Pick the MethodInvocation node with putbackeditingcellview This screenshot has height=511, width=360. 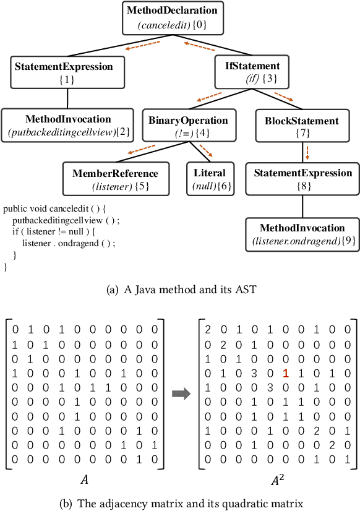click(x=67, y=125)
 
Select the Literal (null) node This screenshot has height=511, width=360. click(x=210, y=179)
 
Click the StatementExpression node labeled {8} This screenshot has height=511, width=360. click(x=302, y=179)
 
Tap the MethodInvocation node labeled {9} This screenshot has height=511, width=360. click(x=302, y=233)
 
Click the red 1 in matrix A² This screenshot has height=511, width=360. click(x=285, y=374)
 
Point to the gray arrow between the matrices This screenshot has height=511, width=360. click(x=181, y=395)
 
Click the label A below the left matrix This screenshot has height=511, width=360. click(x=84, y=479)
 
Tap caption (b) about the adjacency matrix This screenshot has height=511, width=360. click(x=179, y=503)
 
